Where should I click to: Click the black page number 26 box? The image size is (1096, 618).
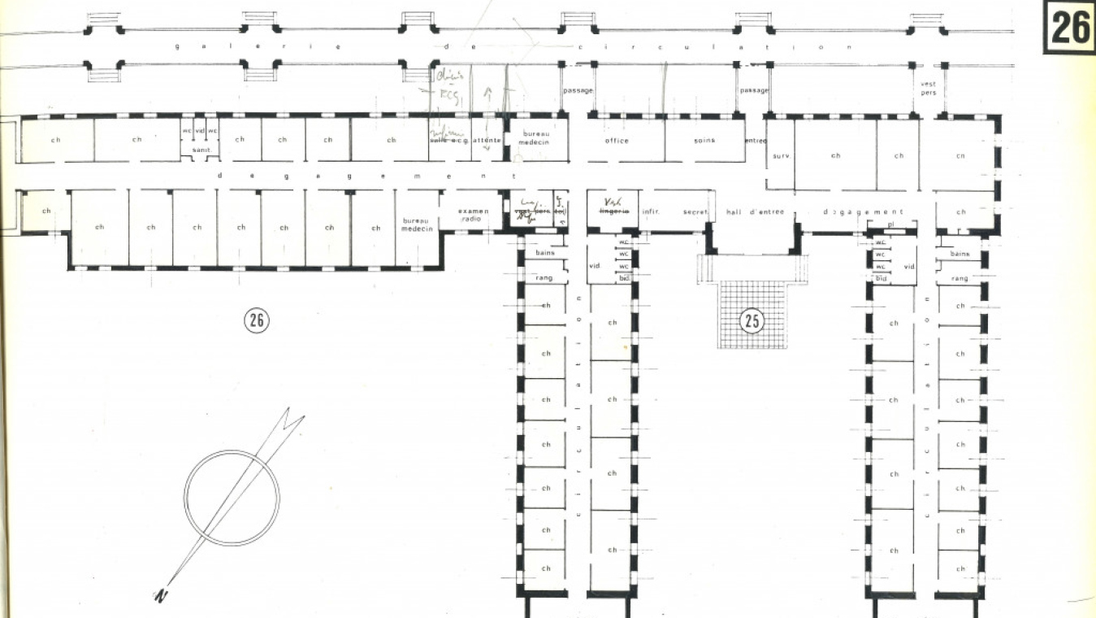[x=1070, y=27]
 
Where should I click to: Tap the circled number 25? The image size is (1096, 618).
[x=752, y=321]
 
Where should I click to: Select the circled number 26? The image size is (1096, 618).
[x=257, y=320]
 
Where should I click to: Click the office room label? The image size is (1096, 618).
[x=617, y=141]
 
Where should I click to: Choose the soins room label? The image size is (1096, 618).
[x=704, y=141]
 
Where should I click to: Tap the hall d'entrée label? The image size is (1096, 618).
[x=755, y=212]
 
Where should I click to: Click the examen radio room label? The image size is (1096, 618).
[x=474, y=215]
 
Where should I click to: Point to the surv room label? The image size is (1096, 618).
[x=781, y=155]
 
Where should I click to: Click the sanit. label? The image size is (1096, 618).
[x=201, y=150]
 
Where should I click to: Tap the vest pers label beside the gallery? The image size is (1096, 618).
[x=928, y=88]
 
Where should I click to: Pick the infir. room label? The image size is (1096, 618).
[x=650, y=212]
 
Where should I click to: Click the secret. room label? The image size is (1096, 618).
[x=695, y=212]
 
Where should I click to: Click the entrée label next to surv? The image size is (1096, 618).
[x=756, y=141]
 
